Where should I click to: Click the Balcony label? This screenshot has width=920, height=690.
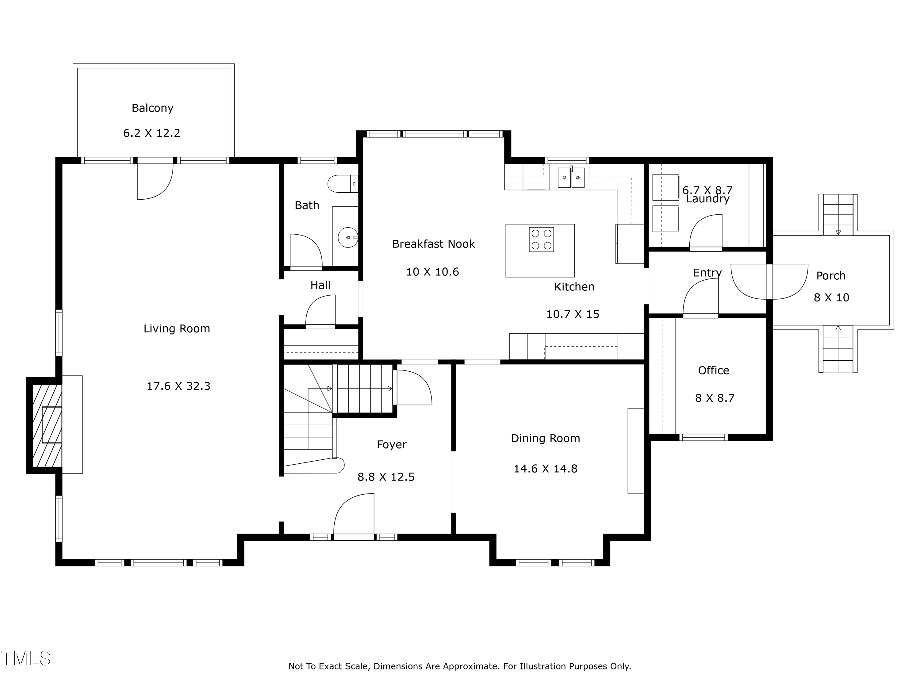click(x=152, y=108)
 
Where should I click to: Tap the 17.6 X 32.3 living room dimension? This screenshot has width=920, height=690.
click(x=178, y=386)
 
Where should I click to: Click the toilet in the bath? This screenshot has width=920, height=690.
click(x=343, y=183)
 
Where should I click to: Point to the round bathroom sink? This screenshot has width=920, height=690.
click(x=348, y=237)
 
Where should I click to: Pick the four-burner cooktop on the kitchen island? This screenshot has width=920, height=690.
click(x=541, y=239)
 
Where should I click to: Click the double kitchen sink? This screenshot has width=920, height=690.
click(x=571, y=178)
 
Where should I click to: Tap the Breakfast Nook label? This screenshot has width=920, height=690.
click(x=433, y=244)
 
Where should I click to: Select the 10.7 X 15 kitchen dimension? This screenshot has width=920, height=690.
click(x=573, y=314)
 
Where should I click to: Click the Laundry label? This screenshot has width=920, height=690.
click(x=708, y=199)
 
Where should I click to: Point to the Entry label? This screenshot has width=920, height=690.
click(x=707, y=273)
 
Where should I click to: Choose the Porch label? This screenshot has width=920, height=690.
click(x=830, y=276)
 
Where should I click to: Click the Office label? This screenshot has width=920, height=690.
click(x=713, y=370)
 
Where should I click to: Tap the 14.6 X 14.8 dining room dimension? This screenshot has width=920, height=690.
click(x=545, y=469)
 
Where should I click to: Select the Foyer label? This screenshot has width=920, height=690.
click(x=391, y=445)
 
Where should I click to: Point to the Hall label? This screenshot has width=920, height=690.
click(x=320, y=285)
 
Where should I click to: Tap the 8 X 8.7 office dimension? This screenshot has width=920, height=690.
click(x=715, y=398)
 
